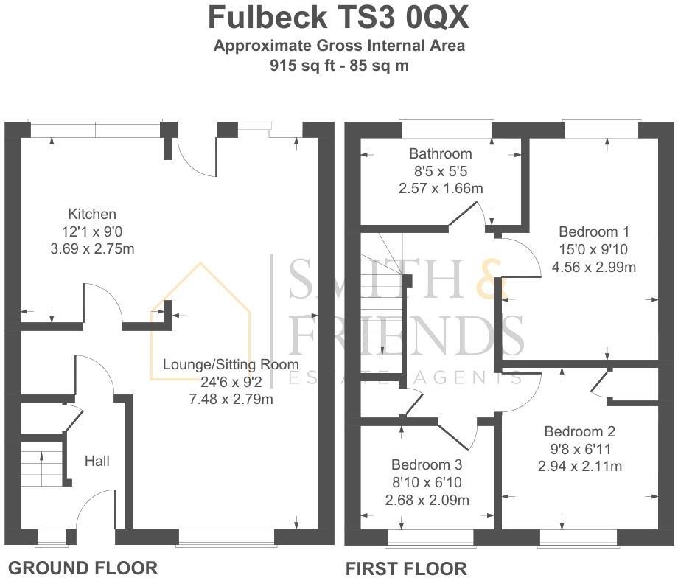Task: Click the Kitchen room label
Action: (x=92, y=215)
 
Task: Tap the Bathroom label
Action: (x=441, y=154)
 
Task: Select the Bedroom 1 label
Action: (x=593, y=230)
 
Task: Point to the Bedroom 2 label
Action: (x=579, y=431)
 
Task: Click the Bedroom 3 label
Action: (x=426, y=465)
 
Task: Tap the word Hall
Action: (x=97, y=461)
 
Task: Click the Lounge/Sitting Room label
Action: (x=231, y=364)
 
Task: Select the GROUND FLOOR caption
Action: (x=82, y=568)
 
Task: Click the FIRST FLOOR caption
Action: (x=406, y=568)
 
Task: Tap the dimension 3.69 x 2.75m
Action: (x=92, y=248)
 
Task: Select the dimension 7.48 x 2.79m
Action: (x=231, y=400)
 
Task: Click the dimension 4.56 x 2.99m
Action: (x=593, y=265)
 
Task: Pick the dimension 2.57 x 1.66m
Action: (x=441, y=189)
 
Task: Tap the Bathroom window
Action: (x=446, y=130)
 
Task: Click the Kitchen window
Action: (x=96, y=129)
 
